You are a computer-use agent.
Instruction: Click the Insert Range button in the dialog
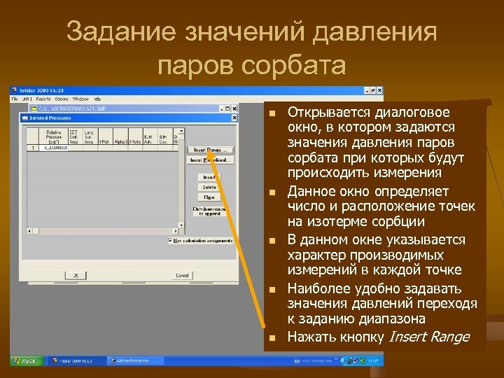point(209,150)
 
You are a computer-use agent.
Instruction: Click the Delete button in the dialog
point(209,187)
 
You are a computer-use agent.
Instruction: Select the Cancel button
point(182,275)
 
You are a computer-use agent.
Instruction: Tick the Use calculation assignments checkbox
point(170,239)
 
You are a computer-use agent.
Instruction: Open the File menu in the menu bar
point(15,99)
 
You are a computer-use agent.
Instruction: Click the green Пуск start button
point(24,360)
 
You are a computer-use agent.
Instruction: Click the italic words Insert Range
point(428,337)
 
